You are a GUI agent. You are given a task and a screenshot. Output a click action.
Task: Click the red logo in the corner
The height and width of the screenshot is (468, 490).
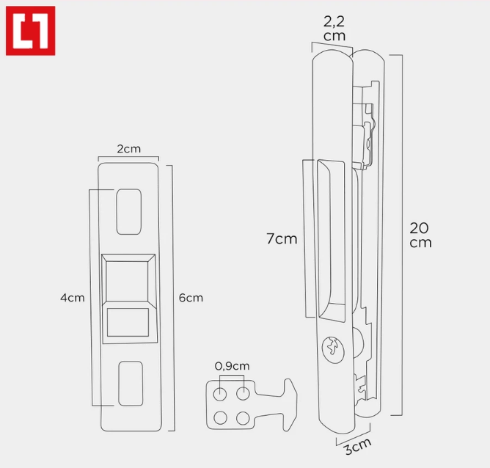point(31,31)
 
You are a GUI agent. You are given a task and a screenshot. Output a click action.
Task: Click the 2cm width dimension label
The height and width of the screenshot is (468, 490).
point(128,149)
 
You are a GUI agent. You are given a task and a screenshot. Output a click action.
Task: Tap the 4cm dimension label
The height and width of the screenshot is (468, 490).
point(73,298)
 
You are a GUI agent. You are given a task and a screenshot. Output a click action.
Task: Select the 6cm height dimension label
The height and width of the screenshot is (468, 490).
point(191,298)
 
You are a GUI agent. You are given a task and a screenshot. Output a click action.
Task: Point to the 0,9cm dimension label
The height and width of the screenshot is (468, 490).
point(232,366)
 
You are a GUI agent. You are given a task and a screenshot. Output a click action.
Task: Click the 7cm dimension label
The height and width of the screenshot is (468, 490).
point(282,239)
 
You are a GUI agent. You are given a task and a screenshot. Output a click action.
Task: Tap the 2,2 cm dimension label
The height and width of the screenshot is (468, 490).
point(335,29)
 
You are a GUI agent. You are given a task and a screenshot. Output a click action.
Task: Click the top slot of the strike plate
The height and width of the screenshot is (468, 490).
point(128,211)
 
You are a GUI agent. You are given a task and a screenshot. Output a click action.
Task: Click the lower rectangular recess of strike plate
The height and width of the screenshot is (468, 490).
point(128,322)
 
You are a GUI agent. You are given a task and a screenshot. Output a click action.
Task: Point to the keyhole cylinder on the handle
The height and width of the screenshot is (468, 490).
point(334,348)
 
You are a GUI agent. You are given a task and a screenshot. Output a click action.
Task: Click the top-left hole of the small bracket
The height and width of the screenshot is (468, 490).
point(220,394)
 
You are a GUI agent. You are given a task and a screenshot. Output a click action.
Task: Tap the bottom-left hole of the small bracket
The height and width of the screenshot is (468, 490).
point(220,418)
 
